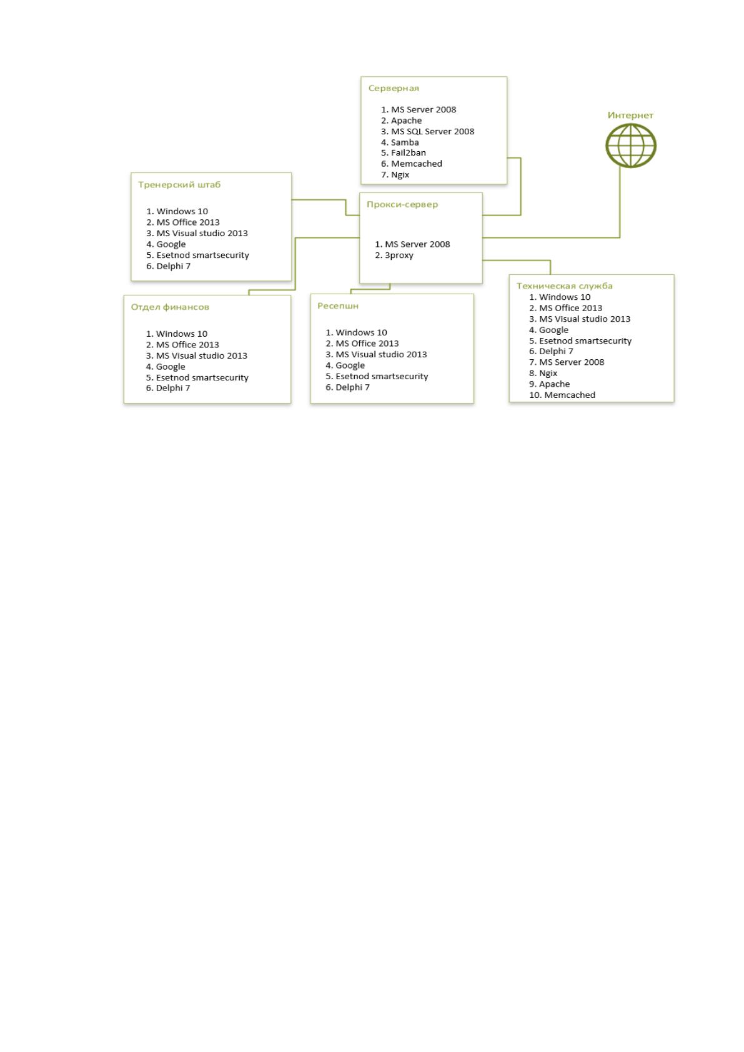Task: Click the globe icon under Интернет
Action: pos(630,146)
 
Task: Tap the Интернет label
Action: pos(630,115)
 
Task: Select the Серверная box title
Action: pos(394,88)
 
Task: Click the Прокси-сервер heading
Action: pos(402,204)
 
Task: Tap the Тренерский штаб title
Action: pos(179,184)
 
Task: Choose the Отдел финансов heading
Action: pos(170,307)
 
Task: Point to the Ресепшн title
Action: pos(338,305)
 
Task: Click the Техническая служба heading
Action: pos(565,286)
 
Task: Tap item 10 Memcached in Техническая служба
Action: pos(562,395)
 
